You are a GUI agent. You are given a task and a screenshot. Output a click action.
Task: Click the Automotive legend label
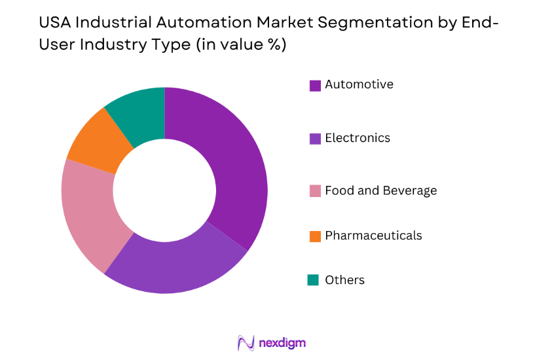tap(359, 84)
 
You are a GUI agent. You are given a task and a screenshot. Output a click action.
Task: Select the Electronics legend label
tap(358, 138)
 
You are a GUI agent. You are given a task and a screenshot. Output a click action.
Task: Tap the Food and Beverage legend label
tap(380, 191)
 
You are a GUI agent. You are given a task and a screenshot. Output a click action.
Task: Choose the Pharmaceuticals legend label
tap(373, 236)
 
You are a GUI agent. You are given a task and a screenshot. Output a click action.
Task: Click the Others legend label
tap(344, 280)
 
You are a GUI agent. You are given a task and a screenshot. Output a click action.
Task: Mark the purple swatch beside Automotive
tap(315, 85)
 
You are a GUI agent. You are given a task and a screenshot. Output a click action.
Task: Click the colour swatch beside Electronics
tap(315, 139)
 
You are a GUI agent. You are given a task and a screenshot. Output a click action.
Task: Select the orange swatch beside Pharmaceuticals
tap(315, 236)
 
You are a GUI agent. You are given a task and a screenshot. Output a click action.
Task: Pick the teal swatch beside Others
tap(314, 280)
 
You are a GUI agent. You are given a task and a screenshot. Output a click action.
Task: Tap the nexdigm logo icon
tap(246, 343)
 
